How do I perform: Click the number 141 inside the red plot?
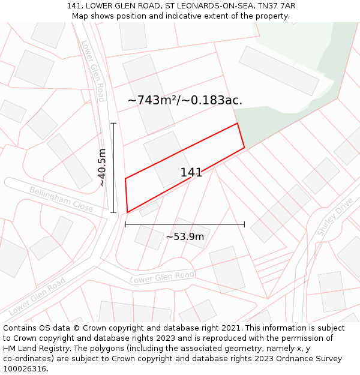pyautogui.click(x=191, y=173)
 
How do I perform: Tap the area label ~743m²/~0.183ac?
pyautogui.click(x=185, y=100)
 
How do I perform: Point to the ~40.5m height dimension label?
pyautogui.click(x=102, y=167)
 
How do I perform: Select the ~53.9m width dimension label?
pyautogui.click(x=185, y=236)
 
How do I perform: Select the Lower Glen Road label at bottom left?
pyautogui.click(x=37, y=296)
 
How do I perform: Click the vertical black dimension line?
pyautogui.click(x=113, y=167)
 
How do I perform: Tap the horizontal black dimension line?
pyautogui.click(x=185, y=224)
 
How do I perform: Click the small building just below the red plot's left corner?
pyautogui.click(x=149, y=209)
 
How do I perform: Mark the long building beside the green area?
pyautogui.click(x=279, y=71)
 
